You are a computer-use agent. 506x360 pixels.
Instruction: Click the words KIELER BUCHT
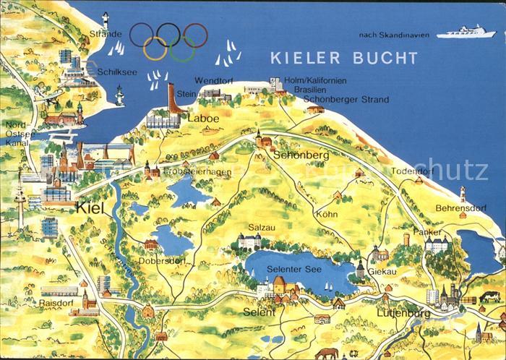click(343, 57)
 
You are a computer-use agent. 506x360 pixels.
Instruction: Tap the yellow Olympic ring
click(155, 48)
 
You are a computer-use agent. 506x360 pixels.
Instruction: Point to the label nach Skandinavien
click(393, 35)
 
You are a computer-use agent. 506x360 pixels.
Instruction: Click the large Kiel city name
click(90, 208)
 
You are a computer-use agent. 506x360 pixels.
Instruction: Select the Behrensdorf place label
click(460, 207)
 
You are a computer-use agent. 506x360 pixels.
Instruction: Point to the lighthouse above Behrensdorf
click(462, 193)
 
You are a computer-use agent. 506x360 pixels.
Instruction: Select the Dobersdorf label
click(160, 260)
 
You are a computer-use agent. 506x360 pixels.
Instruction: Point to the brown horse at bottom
click(327, 353)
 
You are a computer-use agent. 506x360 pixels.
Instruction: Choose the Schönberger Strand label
click(346, 99)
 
